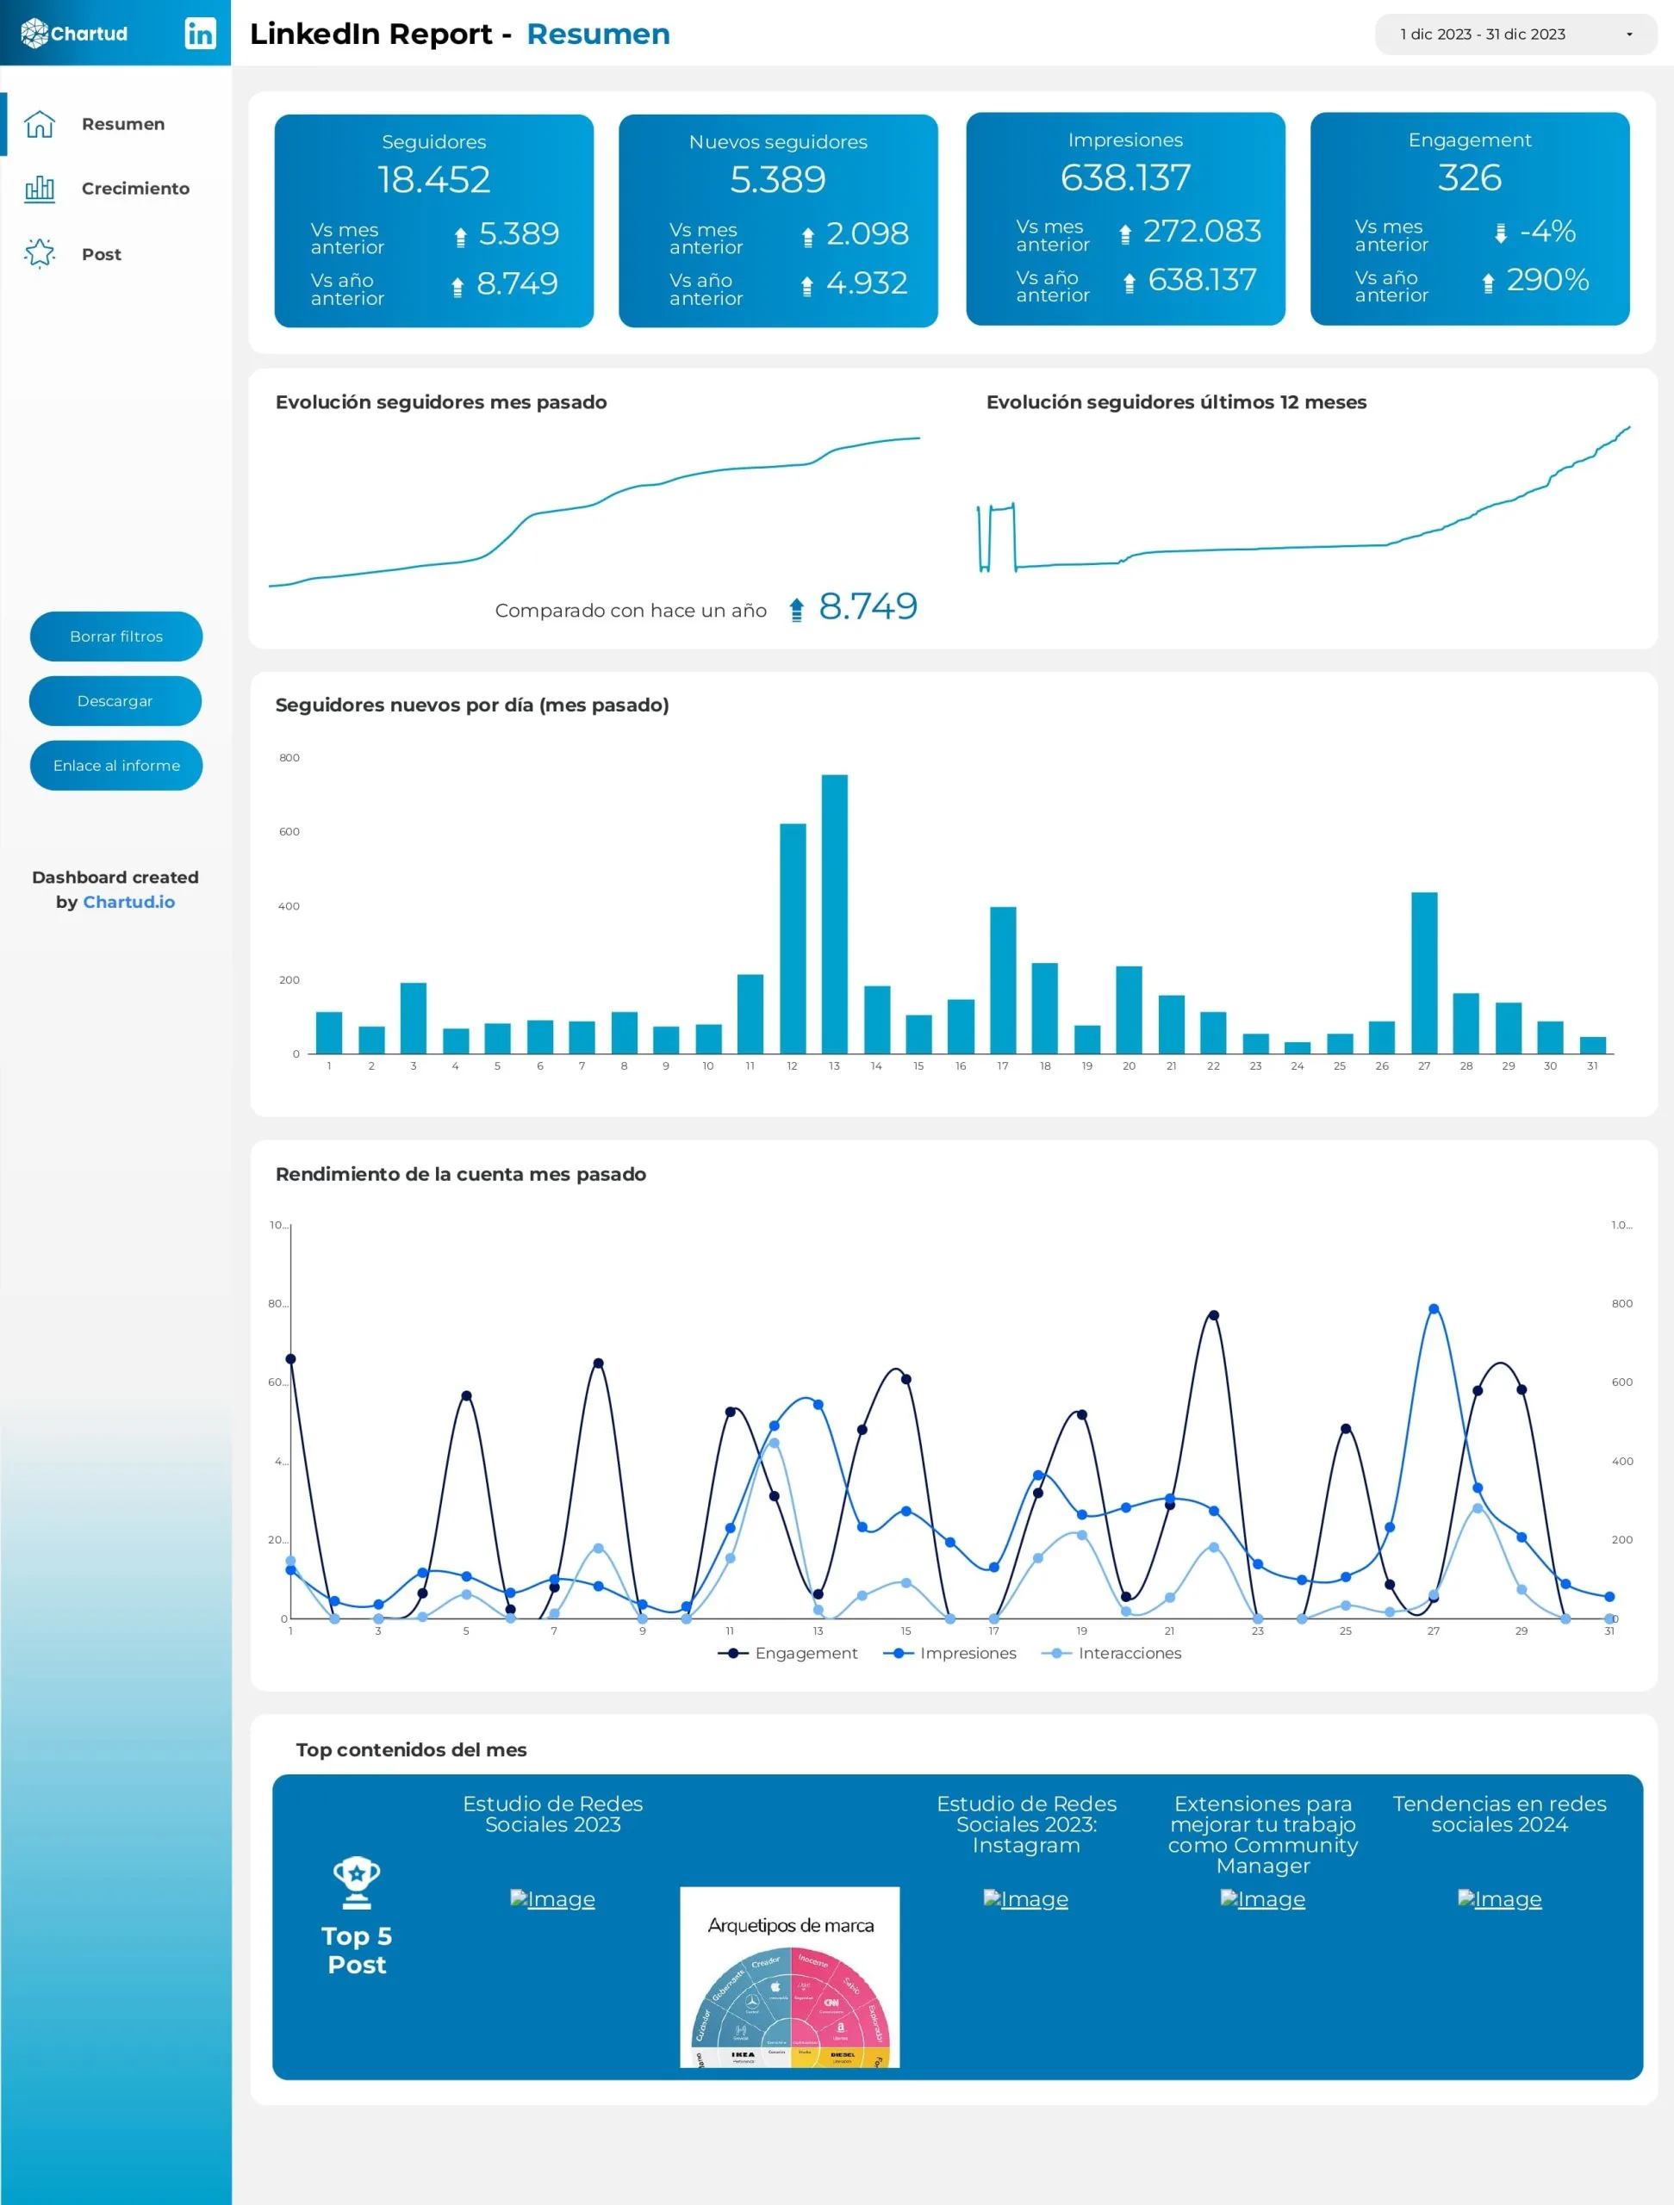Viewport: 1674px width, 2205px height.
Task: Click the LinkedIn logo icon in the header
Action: click(199, 33)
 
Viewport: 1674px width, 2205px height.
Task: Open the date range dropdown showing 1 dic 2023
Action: click(1515, 34)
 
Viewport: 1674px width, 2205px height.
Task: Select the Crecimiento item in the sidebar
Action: click(134, 189)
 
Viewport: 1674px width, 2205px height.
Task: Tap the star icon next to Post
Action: click(40, 253)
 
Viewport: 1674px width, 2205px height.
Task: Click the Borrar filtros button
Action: click(115, 636)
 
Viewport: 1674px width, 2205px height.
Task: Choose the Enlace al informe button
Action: click(115, 766)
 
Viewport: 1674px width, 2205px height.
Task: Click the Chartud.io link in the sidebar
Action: click(128, 902)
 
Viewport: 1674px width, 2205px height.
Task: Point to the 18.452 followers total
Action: click(433, 179)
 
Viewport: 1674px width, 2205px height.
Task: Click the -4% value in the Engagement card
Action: click(1546, 231)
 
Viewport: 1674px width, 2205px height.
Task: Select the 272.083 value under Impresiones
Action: click(1201, 231)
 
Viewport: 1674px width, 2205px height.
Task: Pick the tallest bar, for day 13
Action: click(835, 912)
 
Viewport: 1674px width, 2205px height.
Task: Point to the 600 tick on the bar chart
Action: click(289, 831)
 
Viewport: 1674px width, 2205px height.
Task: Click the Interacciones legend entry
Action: click(1128, 1653)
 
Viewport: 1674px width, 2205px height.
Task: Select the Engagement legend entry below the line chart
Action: click(805, 1653)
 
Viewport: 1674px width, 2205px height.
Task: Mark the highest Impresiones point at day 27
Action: click(1434, 1309)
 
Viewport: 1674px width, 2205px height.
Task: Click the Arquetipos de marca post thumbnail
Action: click(790, 1976)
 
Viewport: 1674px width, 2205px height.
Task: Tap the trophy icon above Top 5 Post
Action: click(356, 1882)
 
